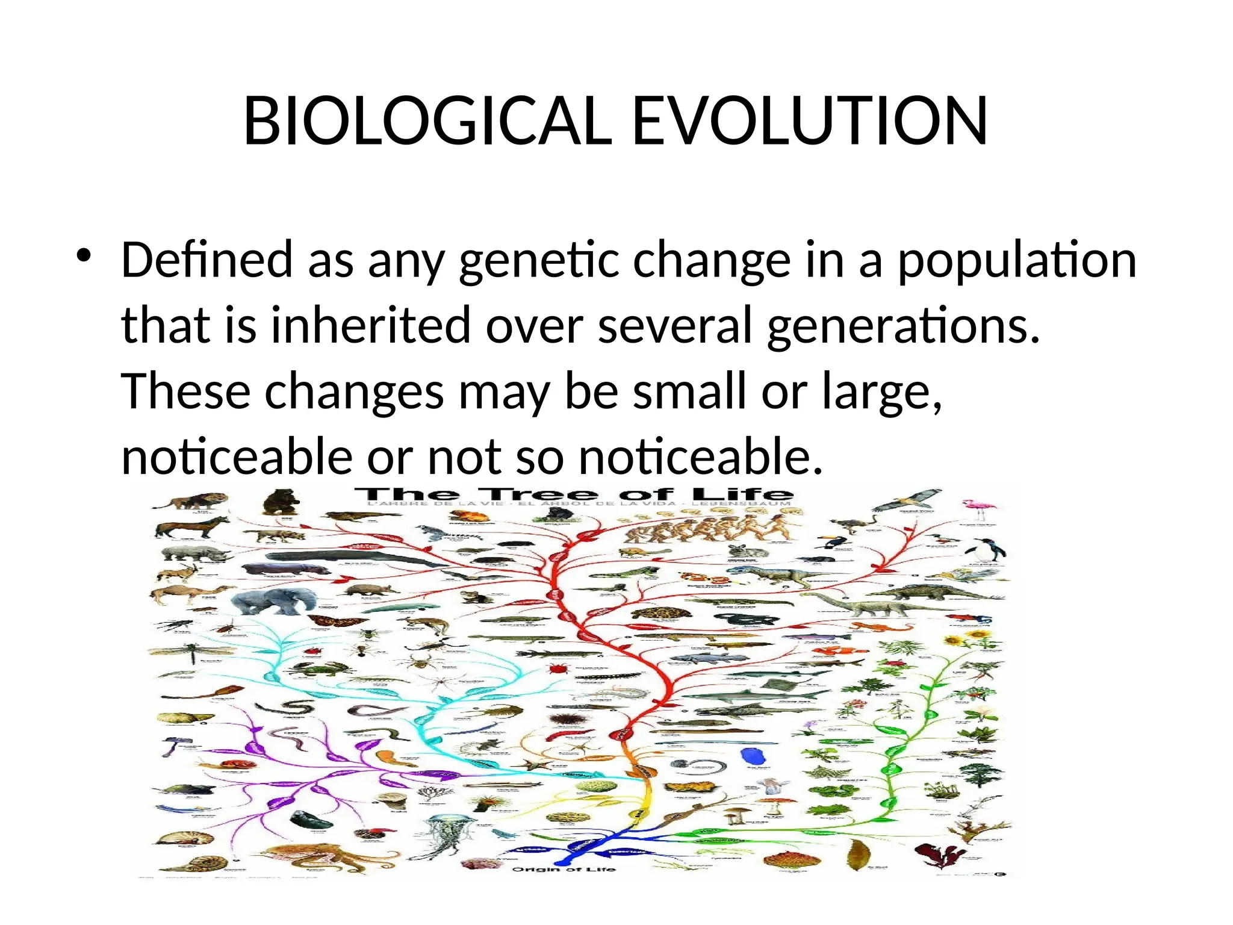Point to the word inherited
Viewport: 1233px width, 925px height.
(370, 325)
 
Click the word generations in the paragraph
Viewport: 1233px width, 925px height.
(903, 325)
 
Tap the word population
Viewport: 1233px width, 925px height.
(1017, 260)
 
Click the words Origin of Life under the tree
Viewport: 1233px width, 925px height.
(564, 869)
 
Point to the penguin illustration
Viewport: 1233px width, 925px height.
(985, 550)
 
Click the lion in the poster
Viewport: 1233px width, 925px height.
(190, 500)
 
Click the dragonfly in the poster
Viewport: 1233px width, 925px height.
(190, 652)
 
